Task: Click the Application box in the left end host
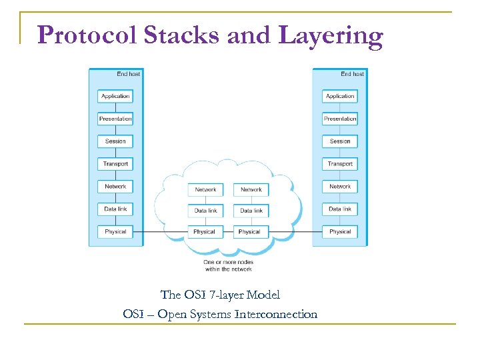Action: (x=115, y=96)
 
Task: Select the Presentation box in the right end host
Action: (x=340, y=119)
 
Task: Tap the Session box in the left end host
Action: (x=115, y=141)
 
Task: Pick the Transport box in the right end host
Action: (x=340, y=164)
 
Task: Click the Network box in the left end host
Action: (x=115, y=187)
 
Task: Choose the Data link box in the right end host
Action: (x=340, y=209)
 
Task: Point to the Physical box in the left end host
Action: (x=115, y=232)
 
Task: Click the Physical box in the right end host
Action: (x=340, y=232)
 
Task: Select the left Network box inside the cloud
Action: (x=205, y=189)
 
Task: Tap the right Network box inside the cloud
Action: (x=251, y=189)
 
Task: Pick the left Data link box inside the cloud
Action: (x=205, y=211)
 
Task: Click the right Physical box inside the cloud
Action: (x=249, y=232)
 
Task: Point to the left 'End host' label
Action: (x=128, y=74)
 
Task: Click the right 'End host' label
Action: (x=353, y=74)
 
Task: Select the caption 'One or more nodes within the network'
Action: (x=228, y=265)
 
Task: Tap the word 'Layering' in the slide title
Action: (x=331, y=36)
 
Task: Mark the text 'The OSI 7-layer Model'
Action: (x=220, y=294)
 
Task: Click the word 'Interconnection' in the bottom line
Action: (x=275, y=313)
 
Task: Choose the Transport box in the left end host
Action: (x=115, y=164)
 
